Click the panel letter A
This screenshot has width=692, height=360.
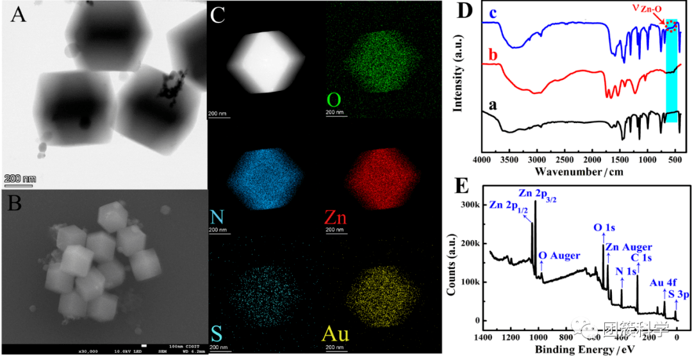pyautogui.click(x=18, y=15)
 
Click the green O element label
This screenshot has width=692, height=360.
pyautogui.click(x=333, y=101)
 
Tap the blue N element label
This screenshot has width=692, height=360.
pyautogui.click(x=217, y=218)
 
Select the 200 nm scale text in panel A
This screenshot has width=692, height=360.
pyautogui.click(x=21, y=178)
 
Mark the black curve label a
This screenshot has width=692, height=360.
pyautogui.click(x=493, y=104)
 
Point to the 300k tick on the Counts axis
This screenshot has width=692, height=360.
pyautogui.click(x=472, y=204)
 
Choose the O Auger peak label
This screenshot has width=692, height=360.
pyautogui.click(x=559, y=256)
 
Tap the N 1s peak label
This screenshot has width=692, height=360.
pyautogui.click(x=626, y=271)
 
